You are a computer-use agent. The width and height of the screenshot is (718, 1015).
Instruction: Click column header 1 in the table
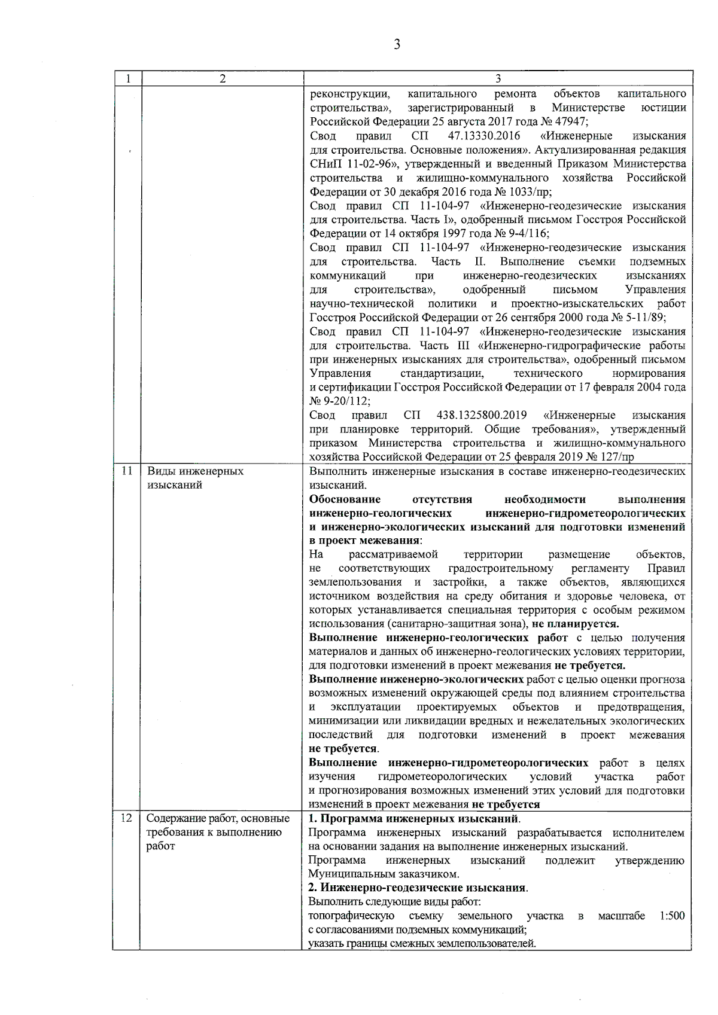[127, 79]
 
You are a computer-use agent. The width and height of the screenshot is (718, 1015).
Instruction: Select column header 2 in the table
[223, 79]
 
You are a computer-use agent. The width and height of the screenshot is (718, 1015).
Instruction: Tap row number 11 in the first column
[127, 471]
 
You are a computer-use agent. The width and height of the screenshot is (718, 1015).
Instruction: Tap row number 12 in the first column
[127, 818]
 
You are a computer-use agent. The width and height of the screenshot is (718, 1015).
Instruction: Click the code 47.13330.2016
[484, 136]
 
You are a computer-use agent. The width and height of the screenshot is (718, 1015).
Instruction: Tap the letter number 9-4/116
[525, 234]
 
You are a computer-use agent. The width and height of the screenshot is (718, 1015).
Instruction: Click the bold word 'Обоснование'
[345, 499]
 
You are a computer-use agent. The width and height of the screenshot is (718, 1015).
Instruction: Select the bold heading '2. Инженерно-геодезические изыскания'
[417, 888]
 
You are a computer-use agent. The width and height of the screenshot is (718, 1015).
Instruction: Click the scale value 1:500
[671, 916]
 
